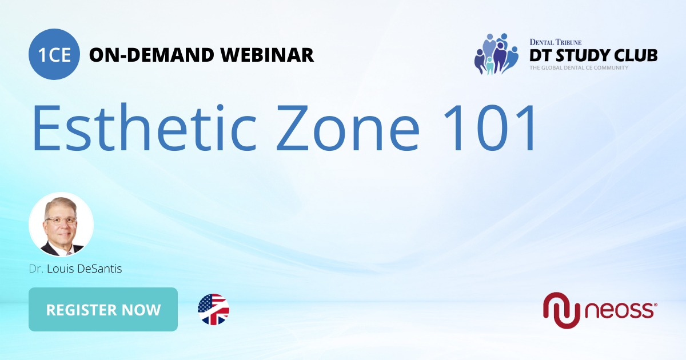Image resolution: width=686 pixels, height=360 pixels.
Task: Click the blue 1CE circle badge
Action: click(x=54, y=54)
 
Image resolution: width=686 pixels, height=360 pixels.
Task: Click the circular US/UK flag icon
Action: click(x=213, y=310)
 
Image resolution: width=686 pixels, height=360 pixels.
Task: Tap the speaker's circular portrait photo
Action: click(x=61, y=225)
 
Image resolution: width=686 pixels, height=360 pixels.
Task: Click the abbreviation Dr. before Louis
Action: click(x=36, y=268)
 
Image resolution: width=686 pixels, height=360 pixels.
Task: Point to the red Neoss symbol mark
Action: click(x=561, y=311)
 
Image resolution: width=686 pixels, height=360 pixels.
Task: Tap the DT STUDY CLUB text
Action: click(x=592, y=55)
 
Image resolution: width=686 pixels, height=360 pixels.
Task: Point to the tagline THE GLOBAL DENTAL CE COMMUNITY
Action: click(x=579, y=68)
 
